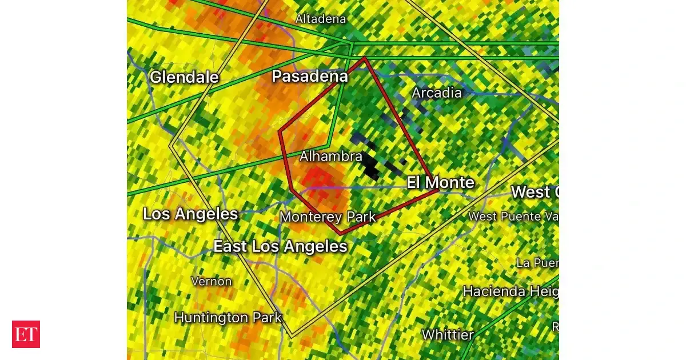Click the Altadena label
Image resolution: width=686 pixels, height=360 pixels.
click(320, 19)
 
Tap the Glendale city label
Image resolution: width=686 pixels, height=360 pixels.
click(184, 77)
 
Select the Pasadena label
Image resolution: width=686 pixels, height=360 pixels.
click(309, 76)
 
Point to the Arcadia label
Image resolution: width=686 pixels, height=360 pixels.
click(437, 93)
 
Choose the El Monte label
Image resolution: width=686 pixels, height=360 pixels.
click(440, 182)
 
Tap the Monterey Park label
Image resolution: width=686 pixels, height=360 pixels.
click(328, 217)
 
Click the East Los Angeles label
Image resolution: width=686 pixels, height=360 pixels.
click(280, 246)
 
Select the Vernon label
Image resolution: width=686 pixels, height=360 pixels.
click(212, 281)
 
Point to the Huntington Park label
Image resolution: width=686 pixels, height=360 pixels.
click(228, 317)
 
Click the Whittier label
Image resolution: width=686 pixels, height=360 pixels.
click(448, 334)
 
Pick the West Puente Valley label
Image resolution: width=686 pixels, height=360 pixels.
click(512, 216)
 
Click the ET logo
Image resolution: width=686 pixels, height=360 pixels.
click(26, 334)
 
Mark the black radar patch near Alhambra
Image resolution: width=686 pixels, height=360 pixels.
click(371, 165)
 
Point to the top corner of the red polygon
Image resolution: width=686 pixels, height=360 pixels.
click(365, 58)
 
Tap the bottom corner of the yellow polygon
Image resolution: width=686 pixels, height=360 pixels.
click(292, 337)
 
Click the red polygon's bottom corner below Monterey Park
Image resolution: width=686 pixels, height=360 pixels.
click(341, 234)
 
